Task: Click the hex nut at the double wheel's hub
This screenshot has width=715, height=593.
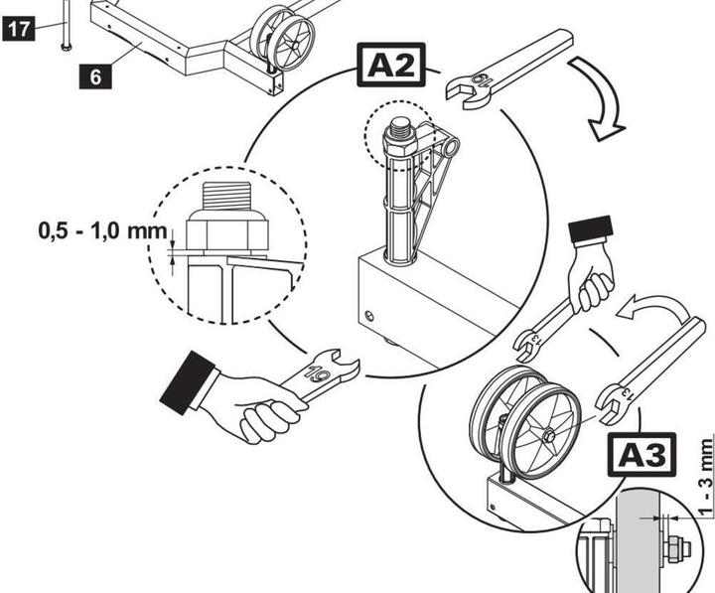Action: point(548,434)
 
